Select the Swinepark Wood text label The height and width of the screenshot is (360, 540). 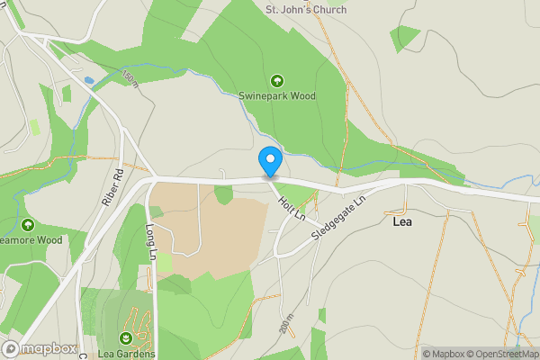[x=277, y=95]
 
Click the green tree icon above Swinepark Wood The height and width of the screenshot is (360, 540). [x=276, y=80]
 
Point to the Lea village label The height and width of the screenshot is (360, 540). [x=402, y=220]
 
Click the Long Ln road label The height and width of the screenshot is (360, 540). [x=151, y=243]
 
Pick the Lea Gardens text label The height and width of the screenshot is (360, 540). [x=125, y=352]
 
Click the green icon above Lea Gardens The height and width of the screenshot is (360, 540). [x=125, y=337]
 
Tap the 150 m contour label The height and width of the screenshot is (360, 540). [x=130, y=78]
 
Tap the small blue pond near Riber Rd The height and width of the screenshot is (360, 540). [x=88, y=81]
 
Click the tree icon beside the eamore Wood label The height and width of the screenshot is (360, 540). [x=28, y=224]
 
